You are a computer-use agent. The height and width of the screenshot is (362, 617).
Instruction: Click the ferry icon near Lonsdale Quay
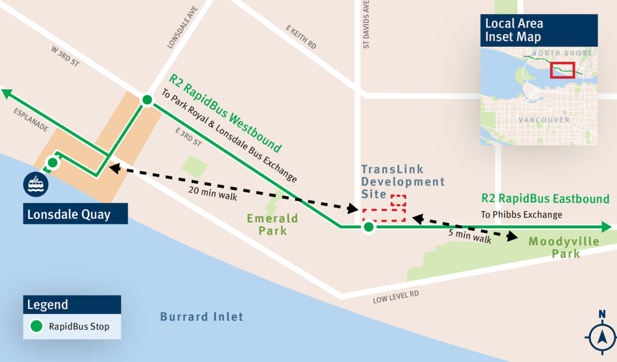(x=36, y=184)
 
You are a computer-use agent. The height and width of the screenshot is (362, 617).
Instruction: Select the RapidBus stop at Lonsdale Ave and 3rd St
(x=147, y=100)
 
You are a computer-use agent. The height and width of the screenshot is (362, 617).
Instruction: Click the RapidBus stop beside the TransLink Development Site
(x=369, y=227)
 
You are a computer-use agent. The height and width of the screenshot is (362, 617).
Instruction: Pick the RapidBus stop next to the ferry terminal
(x=52, y=163)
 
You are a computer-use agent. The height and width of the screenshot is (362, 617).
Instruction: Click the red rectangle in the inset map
(x=562, y=70)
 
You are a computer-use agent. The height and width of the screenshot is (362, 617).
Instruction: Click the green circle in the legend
(x=36, y=326)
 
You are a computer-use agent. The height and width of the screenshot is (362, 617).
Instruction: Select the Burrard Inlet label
(x=202, y=317)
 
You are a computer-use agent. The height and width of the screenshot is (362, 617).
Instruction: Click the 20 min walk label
(x=213, y=193)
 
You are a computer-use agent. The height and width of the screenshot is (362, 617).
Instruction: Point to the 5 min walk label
(x=469, y=236)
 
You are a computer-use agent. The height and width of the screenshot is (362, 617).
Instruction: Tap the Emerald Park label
(x=272, y=225)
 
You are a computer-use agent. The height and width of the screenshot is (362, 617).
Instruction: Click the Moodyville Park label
(x=564, y=247)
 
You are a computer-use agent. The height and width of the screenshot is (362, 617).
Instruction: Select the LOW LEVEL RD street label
(x=395, y=297)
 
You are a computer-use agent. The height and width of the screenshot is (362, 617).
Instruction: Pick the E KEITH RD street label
(x=301, y=37)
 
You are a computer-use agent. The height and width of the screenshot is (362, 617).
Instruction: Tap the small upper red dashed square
(x=398, y=201)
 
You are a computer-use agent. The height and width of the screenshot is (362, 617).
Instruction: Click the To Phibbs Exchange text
(x=521, y=215)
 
